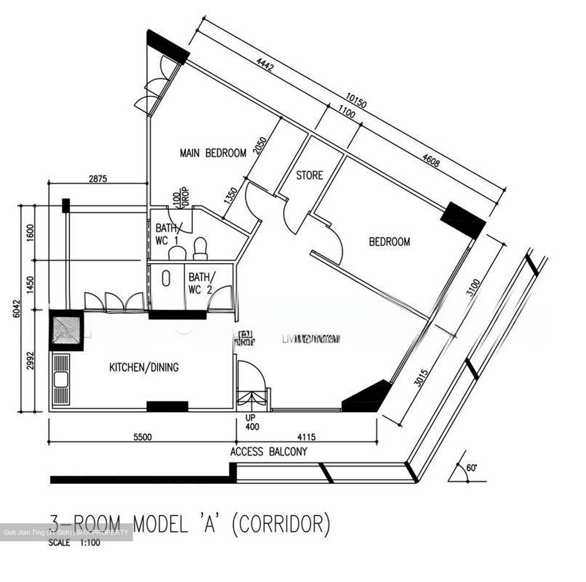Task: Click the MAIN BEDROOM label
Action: point(213,153)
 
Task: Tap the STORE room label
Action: point(309,176)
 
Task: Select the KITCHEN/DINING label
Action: point(144,367)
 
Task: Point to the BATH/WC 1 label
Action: point(167,234)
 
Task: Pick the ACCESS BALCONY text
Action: point(269,452)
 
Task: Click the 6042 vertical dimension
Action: point(16,308)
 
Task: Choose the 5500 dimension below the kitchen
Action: point(142,437)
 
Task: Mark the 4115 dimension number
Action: point(306,437)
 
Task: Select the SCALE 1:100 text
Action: point(74,542)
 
